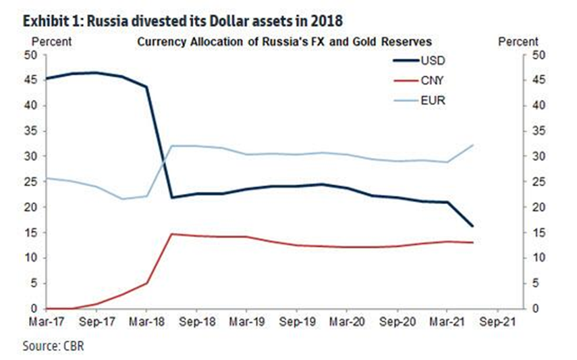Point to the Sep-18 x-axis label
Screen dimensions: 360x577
(x=196, y=322)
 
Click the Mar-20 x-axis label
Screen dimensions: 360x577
(x=346, y=322)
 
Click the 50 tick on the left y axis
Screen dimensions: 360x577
(x=32, y=55)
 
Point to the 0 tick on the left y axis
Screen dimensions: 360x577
(x=35, y=309)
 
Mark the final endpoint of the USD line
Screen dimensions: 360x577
(x=472, y=226)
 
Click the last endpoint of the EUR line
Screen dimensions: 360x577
(x=472, y=145)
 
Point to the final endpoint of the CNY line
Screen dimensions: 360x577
(x=472, y=242)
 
